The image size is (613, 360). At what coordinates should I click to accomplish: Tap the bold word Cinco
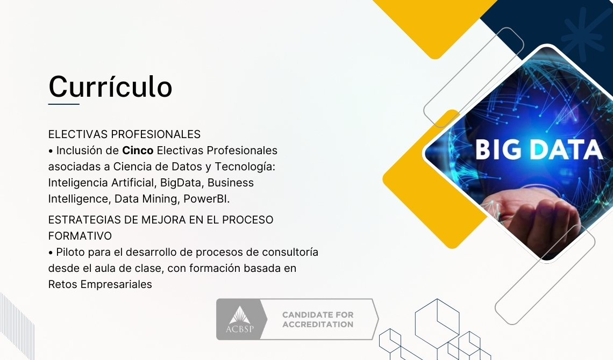pos(138,150)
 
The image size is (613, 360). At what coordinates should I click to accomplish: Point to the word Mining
pos(162,199)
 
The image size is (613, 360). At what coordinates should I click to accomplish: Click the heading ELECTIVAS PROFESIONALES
pos(124,134)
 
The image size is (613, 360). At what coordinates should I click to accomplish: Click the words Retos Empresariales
pos(100,284)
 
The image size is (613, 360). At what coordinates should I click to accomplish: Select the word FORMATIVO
pos(80,236)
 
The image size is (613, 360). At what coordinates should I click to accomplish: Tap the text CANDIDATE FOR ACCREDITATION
pos(318,320)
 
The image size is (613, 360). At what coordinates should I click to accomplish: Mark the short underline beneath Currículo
pos(63,104)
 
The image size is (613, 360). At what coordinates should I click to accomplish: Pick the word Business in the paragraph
pos(231,183)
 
